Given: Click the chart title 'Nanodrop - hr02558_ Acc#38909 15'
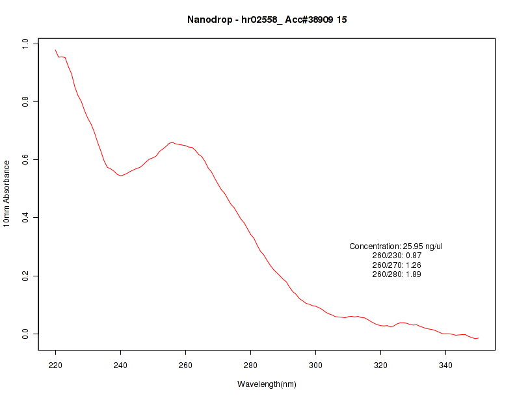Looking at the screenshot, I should pos(267,20).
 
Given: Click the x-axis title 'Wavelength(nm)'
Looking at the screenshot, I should pos(267,384).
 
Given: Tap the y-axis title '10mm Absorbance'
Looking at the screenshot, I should pos(7,193).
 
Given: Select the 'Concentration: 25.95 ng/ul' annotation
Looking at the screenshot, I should pos(396,246).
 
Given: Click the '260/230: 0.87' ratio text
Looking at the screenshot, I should pos(397,256).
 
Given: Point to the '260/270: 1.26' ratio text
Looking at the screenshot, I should pos(397,265).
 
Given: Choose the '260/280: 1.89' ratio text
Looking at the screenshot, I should pos(397,274).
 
